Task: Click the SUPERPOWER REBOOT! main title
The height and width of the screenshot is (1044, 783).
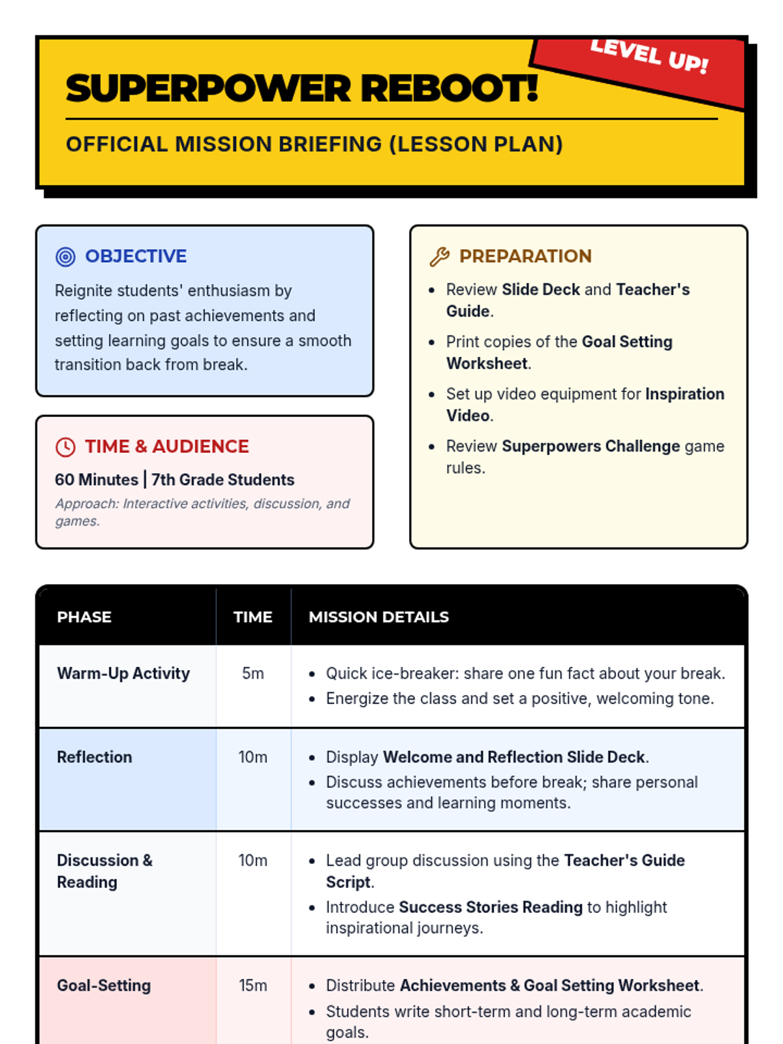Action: (x=301, y=89)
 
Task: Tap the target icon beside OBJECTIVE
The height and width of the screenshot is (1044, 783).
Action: (x=65, y=257)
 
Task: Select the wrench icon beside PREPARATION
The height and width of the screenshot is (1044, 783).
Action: (x=439, y=257)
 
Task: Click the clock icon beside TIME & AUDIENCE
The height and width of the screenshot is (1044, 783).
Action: (x=65, y=447)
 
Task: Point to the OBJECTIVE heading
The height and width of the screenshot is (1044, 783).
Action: (x=136, y=256)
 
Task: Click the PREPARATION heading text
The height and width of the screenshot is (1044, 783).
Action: (x=525, y=256)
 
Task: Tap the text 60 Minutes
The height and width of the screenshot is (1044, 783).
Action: (x=97, y=480)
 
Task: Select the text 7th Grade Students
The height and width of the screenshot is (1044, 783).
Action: (x=223, y=480)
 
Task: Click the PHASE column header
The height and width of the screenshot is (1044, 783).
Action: (x=84, y=617)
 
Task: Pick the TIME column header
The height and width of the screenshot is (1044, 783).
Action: (x=253, y=617)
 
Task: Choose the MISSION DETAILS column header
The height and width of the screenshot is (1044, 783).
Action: (x=378, y=617)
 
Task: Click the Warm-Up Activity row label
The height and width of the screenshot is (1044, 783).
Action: (x=123, y=673)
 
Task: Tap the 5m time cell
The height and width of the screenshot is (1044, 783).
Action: (x=253, y=673)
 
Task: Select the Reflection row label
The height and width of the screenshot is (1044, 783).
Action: (x=95, y=757)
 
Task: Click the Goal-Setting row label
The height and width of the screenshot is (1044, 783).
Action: (x=104, y=985)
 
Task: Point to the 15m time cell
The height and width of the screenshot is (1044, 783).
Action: (x=253, y=985)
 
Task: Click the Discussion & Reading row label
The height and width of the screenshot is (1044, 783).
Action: (x=104, y=871)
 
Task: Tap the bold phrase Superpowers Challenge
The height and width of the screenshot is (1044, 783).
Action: (x=591, y=446)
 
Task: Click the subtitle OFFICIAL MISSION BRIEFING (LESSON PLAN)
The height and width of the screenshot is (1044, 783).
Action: (x=314, y=144)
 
